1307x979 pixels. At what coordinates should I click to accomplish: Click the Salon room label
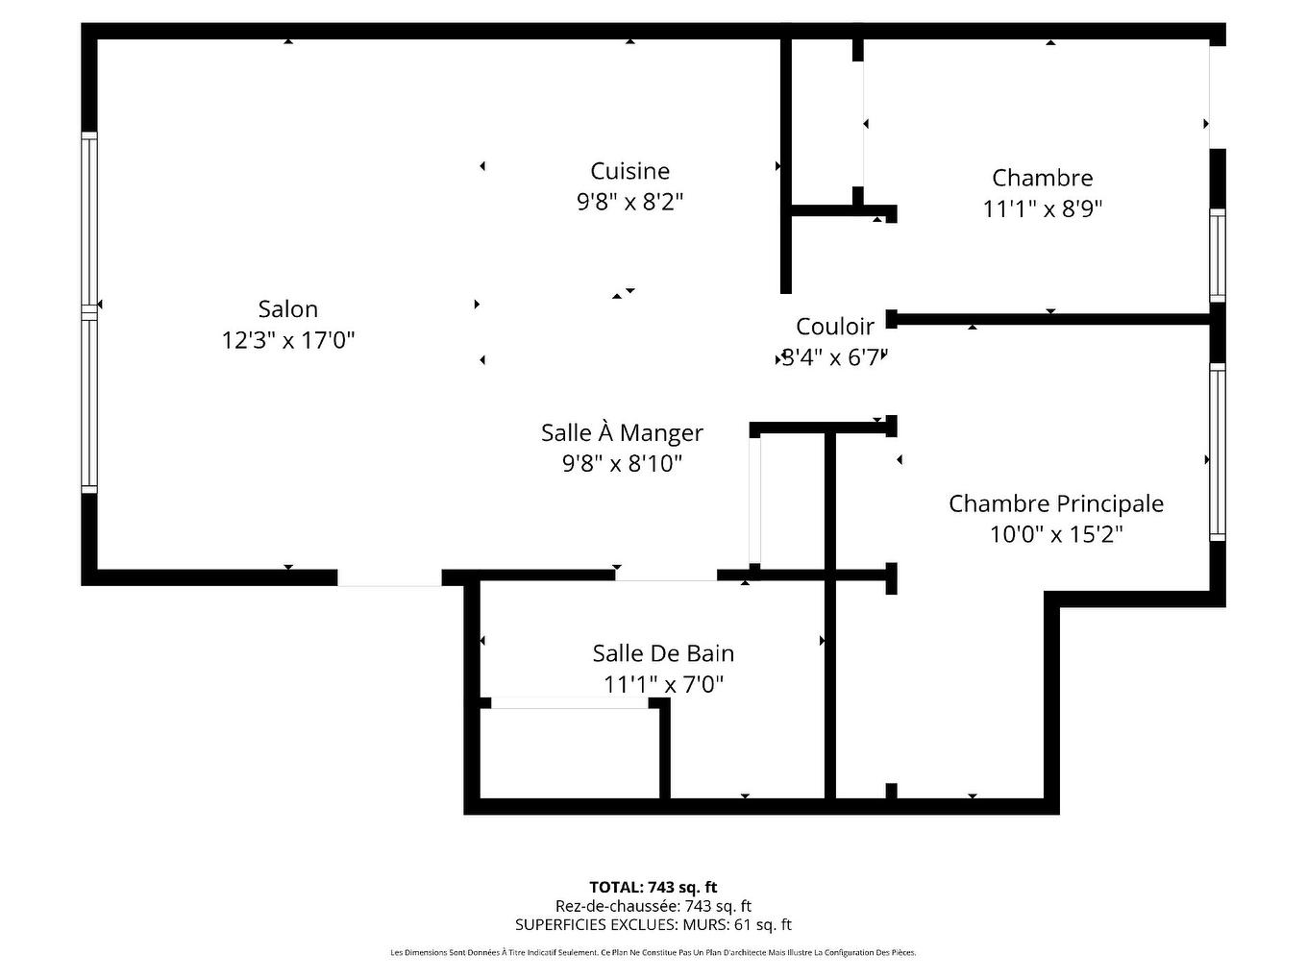coord(287,309)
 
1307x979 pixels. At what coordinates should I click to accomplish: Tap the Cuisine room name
coord(629,171)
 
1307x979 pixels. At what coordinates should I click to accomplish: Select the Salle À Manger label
coord(622,432)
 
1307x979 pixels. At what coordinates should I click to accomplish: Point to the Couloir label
coord(835,327)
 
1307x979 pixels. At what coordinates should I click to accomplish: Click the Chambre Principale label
coord(1055,503)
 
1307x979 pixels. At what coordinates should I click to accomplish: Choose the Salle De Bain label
coord(663,653)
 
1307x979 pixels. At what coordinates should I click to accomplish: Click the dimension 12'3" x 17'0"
coord(287,340)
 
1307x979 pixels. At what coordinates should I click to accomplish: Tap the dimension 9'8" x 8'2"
coord(629,202)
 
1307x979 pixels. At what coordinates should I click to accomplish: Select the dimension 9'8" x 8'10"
coord(622,463)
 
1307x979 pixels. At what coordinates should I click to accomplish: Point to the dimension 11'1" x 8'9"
coord(1042,208)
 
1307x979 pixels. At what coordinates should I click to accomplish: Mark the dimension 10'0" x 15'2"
coord(1055,534)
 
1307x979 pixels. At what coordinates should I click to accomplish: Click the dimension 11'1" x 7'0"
coord(663,684)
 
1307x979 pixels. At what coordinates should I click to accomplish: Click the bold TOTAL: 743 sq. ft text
coord(653,888)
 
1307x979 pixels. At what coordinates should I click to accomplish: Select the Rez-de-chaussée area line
coord(653,906)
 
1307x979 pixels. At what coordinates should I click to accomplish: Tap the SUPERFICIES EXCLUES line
coord(653,925)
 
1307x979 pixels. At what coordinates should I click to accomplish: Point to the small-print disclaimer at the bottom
coord(653,953)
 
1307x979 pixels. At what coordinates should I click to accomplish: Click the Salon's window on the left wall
coord(89,312)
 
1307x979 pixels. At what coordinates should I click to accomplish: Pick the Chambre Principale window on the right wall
coord(1217,452)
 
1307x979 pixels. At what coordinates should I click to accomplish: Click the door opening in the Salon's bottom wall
coord(389,578)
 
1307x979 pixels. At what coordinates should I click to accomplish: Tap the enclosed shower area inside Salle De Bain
coord(569,753)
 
